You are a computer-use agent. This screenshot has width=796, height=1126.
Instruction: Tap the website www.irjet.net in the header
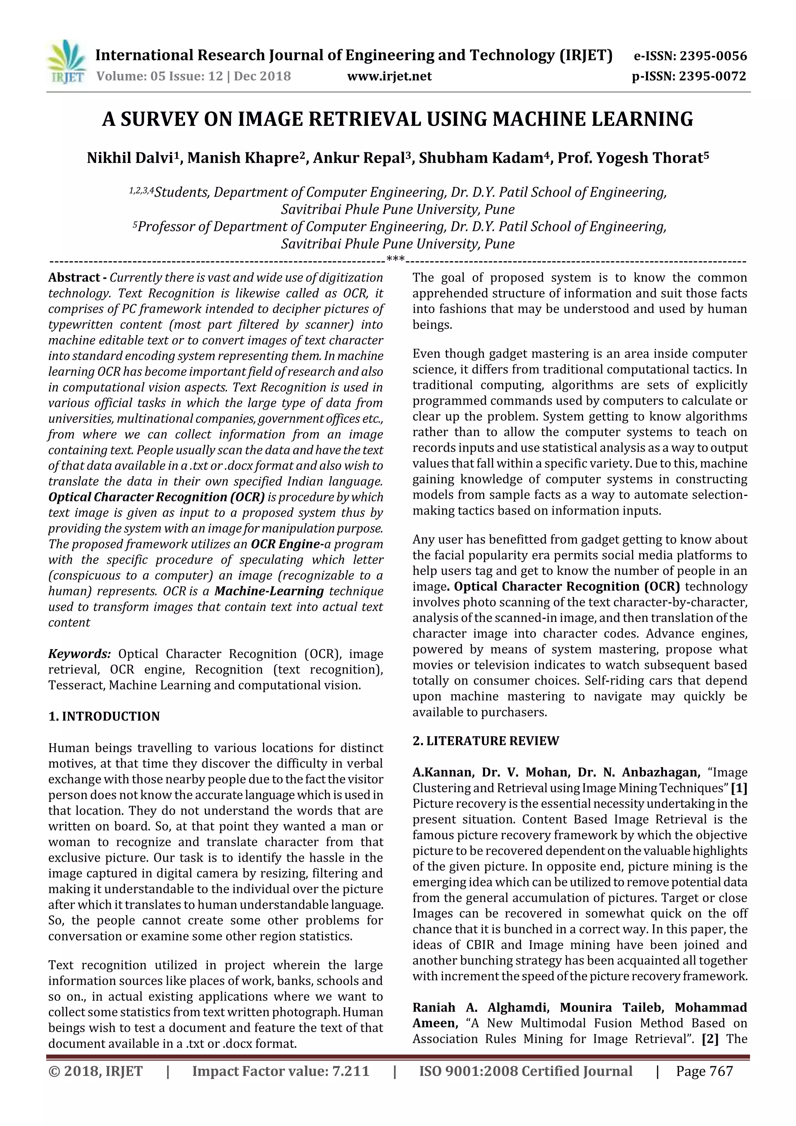click(x=389, y=77)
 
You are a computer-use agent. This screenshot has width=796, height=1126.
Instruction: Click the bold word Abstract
click(x=73, y=278)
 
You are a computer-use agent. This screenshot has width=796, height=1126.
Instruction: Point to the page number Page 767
click(x=704, y=1071)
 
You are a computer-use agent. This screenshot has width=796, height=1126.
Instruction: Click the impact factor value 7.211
click(x=350, y=1071)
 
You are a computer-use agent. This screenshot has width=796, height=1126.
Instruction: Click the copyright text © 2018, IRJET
click(x=96, y=1071)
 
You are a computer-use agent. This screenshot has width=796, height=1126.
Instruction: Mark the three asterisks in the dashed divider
click(x=395, y=259)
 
